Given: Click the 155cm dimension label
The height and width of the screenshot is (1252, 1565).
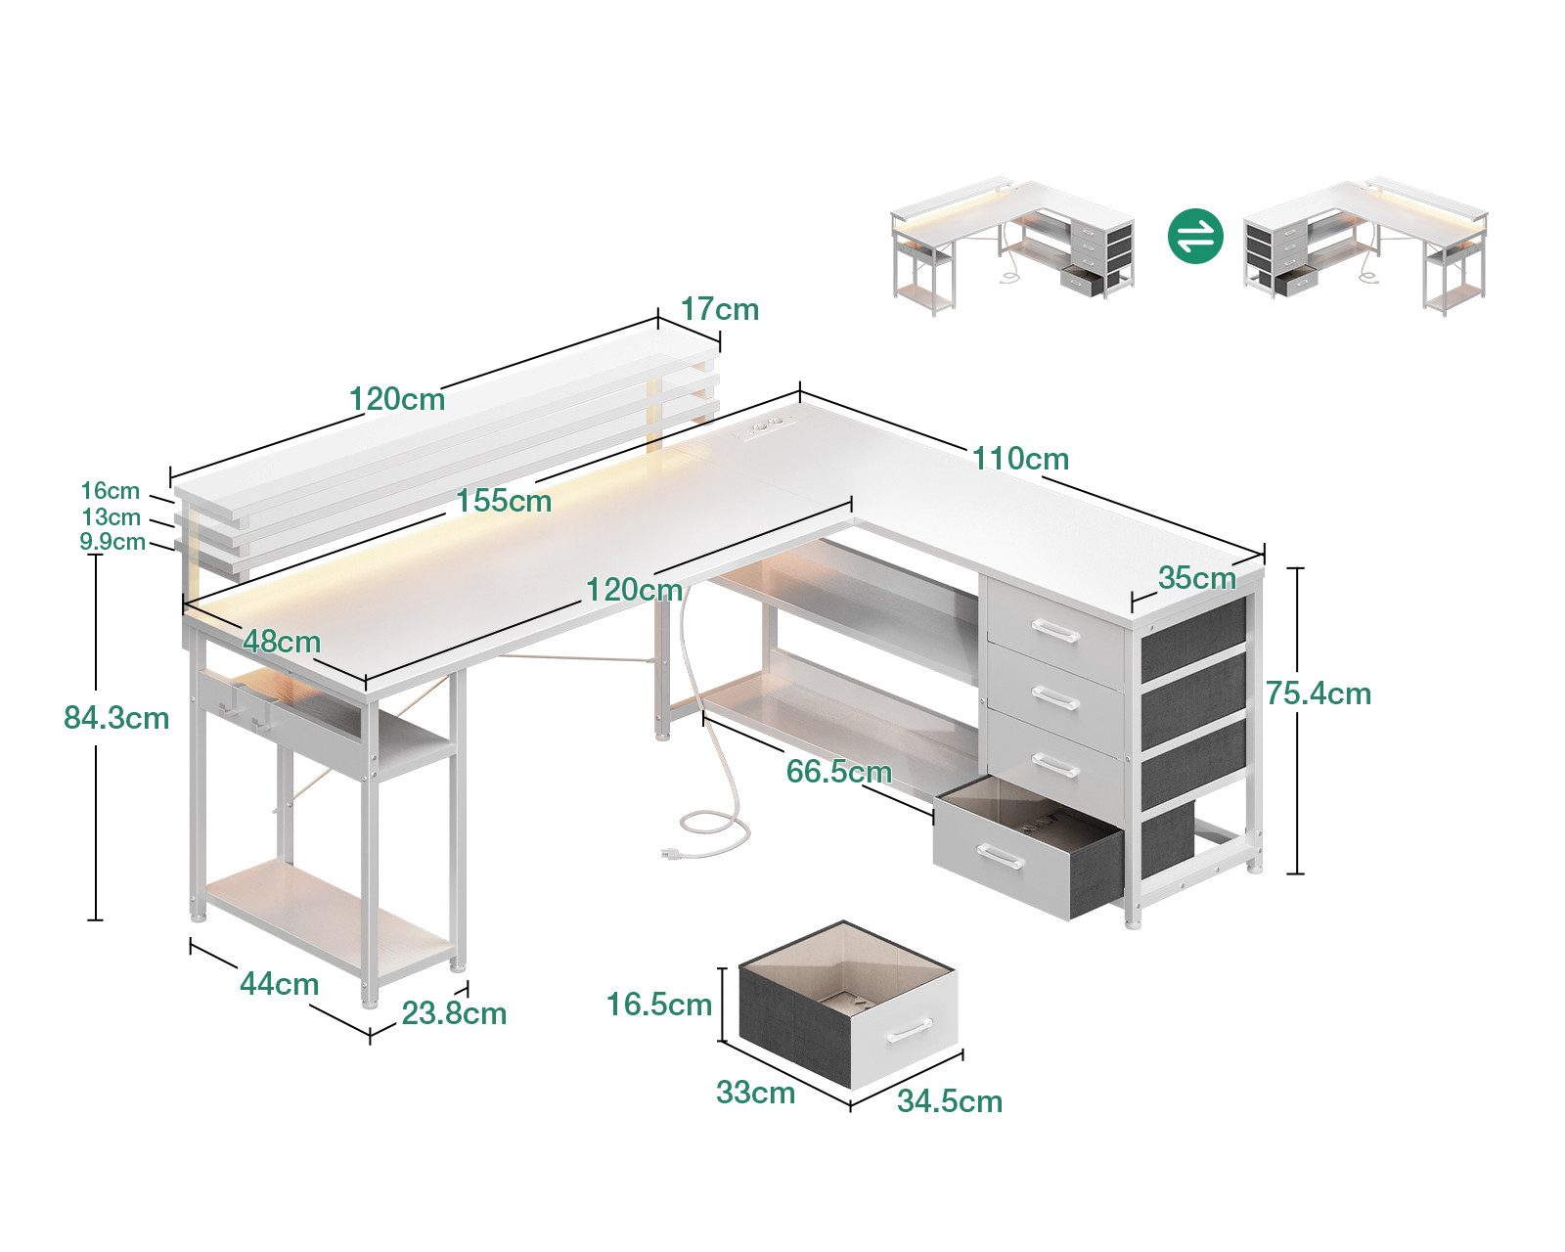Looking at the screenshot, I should click(504, 501).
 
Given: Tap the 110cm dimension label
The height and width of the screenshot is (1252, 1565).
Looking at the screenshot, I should click(1020, 458).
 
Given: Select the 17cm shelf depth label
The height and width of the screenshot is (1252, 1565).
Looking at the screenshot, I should click(720, 309).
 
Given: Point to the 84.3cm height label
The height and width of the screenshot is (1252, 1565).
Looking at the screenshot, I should click(116, 718).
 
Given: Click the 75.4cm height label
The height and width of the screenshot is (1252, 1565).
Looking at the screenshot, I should click(1318, 693).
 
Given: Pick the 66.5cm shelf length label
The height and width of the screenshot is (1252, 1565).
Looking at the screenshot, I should click(838, 772).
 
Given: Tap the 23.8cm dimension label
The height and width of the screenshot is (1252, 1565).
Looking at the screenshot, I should click(454, 1013).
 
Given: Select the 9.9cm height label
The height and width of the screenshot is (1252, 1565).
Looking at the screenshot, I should click(112, 542).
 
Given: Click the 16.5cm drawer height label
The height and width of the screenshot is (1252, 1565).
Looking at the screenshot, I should click(658, 1005).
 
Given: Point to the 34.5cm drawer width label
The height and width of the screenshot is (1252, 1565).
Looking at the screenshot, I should click(950, 1101).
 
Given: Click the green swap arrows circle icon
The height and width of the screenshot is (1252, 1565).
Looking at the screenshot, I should click(1195, 236).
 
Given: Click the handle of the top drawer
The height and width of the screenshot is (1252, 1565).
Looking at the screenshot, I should click(1054, 632).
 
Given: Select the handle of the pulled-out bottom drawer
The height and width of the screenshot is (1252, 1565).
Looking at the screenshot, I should click(1000, 860).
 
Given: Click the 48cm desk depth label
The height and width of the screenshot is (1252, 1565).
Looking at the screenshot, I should click(282, 642).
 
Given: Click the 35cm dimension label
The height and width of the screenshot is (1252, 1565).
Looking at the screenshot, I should click(1196, 578).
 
